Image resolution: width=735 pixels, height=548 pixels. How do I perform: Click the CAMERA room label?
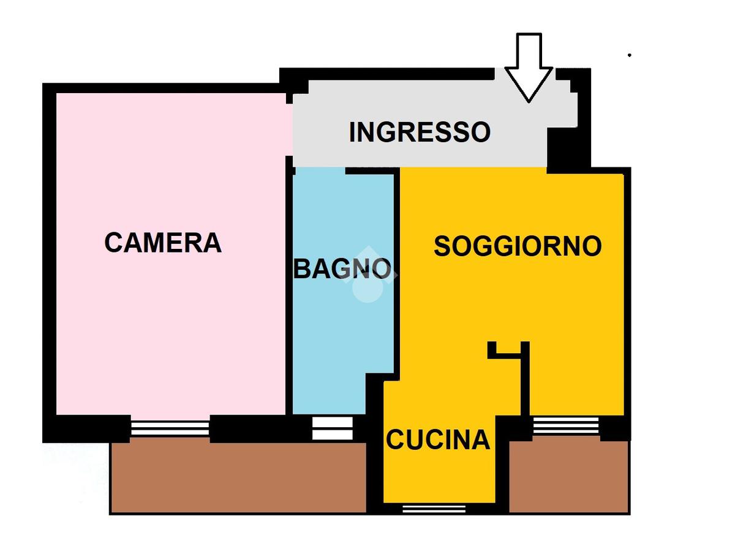coord(163,243)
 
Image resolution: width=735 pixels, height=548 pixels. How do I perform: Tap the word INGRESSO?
coord(420,132)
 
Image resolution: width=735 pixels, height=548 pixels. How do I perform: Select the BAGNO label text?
coord(342,268)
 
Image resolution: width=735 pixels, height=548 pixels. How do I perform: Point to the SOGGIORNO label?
coord(518,246)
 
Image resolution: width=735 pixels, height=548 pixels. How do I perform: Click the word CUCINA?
coord(438,440)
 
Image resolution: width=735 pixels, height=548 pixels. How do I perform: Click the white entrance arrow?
coord(529,67)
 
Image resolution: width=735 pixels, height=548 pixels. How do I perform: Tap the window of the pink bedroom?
coord(170,428)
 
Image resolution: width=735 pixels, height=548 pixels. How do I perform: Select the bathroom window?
coord(333,428)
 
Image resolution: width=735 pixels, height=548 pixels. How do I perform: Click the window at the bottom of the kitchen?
coord(434,509)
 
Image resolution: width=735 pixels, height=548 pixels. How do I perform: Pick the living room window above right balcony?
coord(566,425)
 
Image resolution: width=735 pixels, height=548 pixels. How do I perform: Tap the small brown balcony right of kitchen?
coord(569,477)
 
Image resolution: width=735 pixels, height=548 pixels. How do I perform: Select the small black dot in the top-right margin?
coord(629,55)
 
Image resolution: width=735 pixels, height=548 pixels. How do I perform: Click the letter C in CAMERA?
coord(114,243)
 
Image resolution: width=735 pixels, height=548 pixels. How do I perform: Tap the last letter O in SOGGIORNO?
coord(592,246)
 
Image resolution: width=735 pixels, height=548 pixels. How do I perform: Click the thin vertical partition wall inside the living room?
coord(525,379)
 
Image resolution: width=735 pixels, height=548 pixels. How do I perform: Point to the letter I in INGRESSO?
coord(352,132)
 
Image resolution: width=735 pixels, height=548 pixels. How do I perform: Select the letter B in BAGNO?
coord(301,268)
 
